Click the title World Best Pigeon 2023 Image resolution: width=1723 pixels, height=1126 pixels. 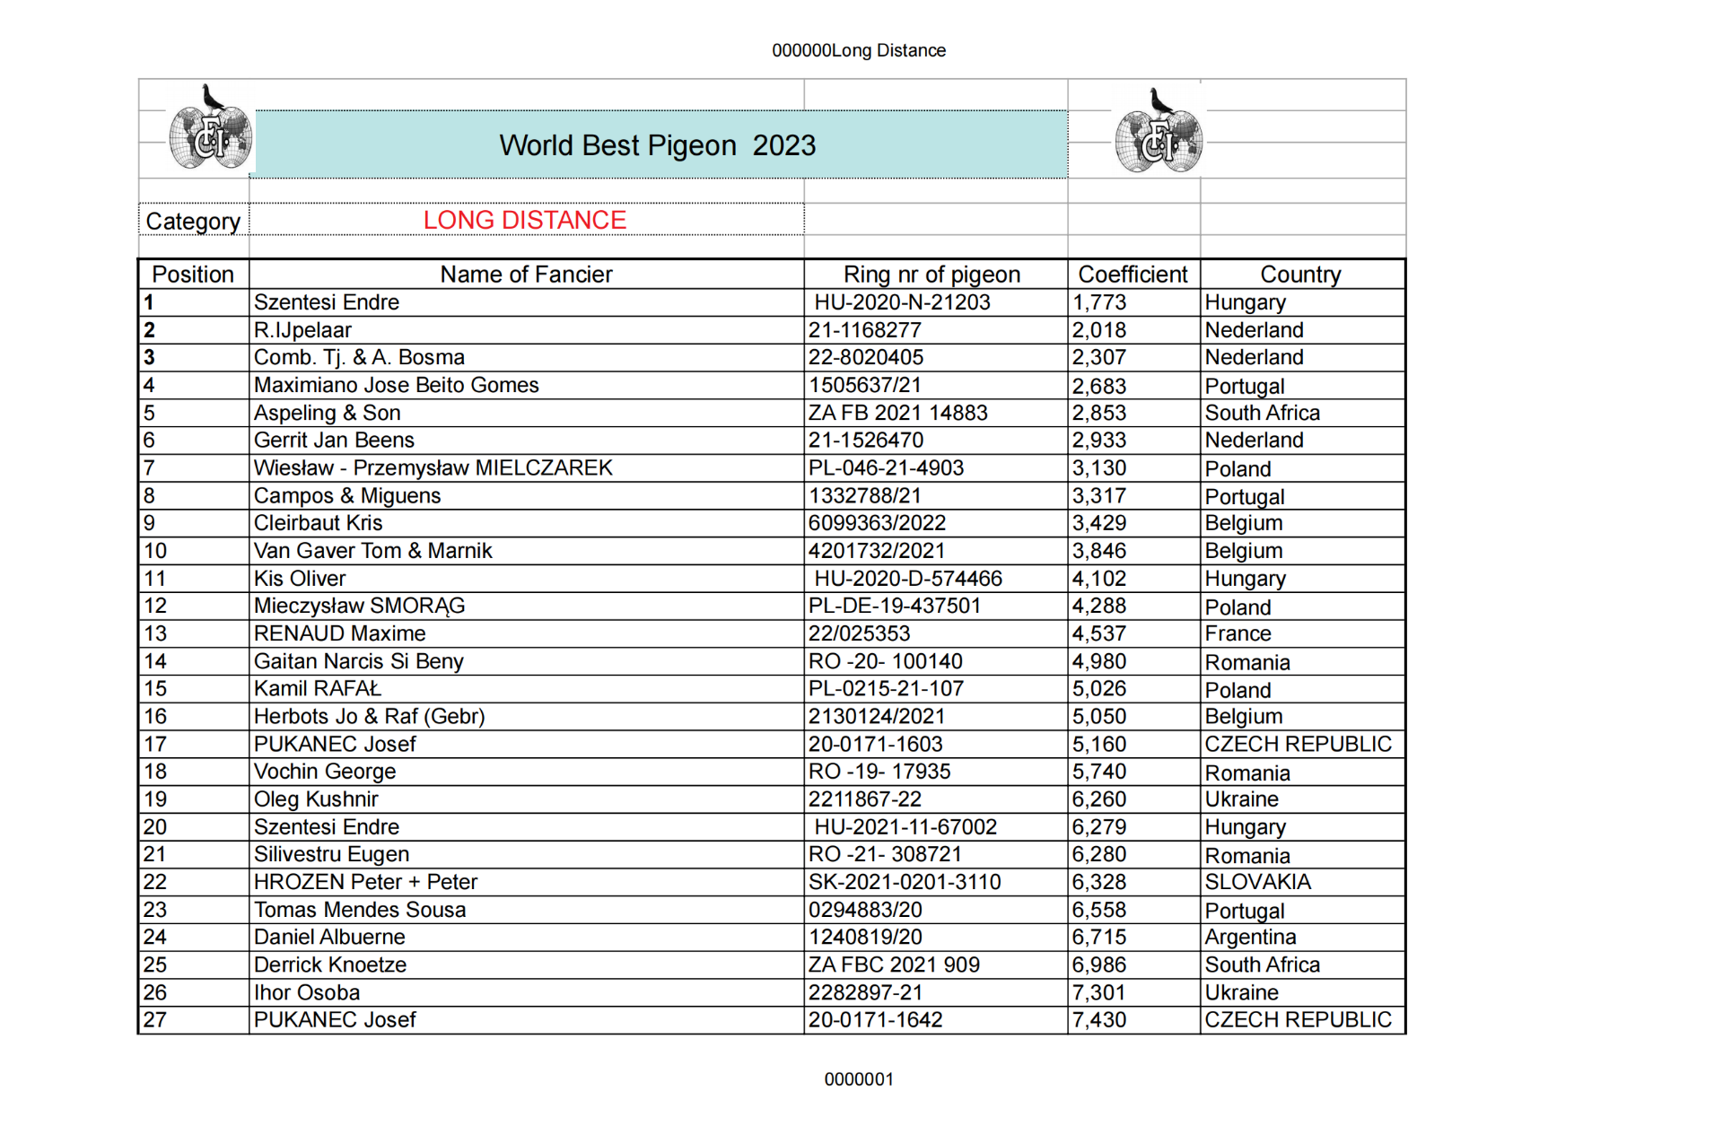pyautogui.click(x=657, y=145)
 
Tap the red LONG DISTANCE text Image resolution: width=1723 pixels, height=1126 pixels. pyautogui.click(x=524, y=220)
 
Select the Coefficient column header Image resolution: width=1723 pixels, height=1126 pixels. pyautogui.click(x=1132, y=275)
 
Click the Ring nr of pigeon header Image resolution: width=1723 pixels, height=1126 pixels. pyautogui.click(x=931, y=275)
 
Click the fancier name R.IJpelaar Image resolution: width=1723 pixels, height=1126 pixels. pyautogui.click(x=302, y=330)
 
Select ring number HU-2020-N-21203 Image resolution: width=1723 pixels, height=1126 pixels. pyautogui.click(x=902, y=302)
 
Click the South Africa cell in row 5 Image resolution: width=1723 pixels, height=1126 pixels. pyautogui.click(x=1262, y=413)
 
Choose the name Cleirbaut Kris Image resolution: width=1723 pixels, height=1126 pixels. pyautogui.click(x=318, y=523)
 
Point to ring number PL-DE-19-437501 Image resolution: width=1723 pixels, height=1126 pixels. pyautogui.click(x=894, y=606)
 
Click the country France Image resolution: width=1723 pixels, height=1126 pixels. pyautogui.click(x=1238, y=633)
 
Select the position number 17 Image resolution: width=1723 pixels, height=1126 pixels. pyautogui.click(x=155, y=744)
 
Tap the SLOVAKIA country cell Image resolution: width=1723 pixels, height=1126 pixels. pyautogui.click(x=1257, y=882)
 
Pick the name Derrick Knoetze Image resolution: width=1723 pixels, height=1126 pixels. pyautogui.click(x=329, y=965)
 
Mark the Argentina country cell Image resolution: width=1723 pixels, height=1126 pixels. pyautogui.click(x=1250, y=937)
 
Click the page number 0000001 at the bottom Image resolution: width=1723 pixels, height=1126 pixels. pyautogui.click(x=859, y=1079)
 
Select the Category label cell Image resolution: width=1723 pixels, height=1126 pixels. pyautogui.click(x=193, y=221)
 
